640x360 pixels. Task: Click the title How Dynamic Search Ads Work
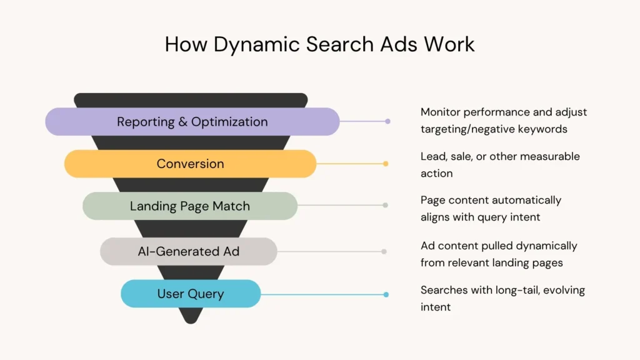click(x=319, y=44)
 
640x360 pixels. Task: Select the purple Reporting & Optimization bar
click(x=192, y=121)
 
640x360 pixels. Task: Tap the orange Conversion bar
click(x=190, y=164)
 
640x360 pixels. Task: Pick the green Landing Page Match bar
click(x=190, y=206)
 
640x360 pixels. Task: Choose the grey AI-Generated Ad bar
click(x=189, y=251)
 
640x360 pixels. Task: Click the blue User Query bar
click(x=190, y=294)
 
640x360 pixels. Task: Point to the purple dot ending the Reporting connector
click(x=387, y=121)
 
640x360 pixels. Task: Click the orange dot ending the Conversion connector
click(x=386, y=164)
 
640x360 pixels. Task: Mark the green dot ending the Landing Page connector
click(x=385, y=205)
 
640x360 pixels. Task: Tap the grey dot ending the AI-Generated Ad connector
click(x=384, y=251)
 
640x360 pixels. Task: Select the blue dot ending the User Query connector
click(x=386, y=294)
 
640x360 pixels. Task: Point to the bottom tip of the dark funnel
click(x=191, y=321)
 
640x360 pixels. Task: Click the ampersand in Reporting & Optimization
click(x=182, y=121)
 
